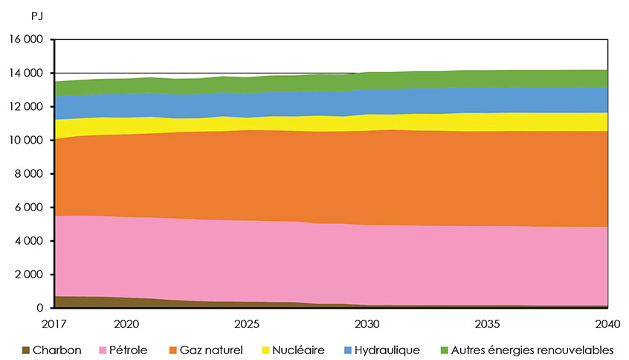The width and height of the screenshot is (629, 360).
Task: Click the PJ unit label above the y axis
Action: click(x=16, y=14)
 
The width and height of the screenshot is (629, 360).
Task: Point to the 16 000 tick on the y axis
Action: click(x=26, y=39)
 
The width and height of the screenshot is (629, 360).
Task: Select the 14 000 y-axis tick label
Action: click(x=26, y=73)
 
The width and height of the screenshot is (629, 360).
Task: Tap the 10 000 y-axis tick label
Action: click(x=26, y=140)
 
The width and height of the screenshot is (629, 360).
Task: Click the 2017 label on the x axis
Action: click(x=56, y=324)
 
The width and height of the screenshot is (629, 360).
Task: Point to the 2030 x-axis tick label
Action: click(x=367, y=324)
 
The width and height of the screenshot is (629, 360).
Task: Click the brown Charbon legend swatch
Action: click(x=26, y=350)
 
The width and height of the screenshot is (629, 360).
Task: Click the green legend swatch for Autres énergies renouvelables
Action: click(x=445, y=350)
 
